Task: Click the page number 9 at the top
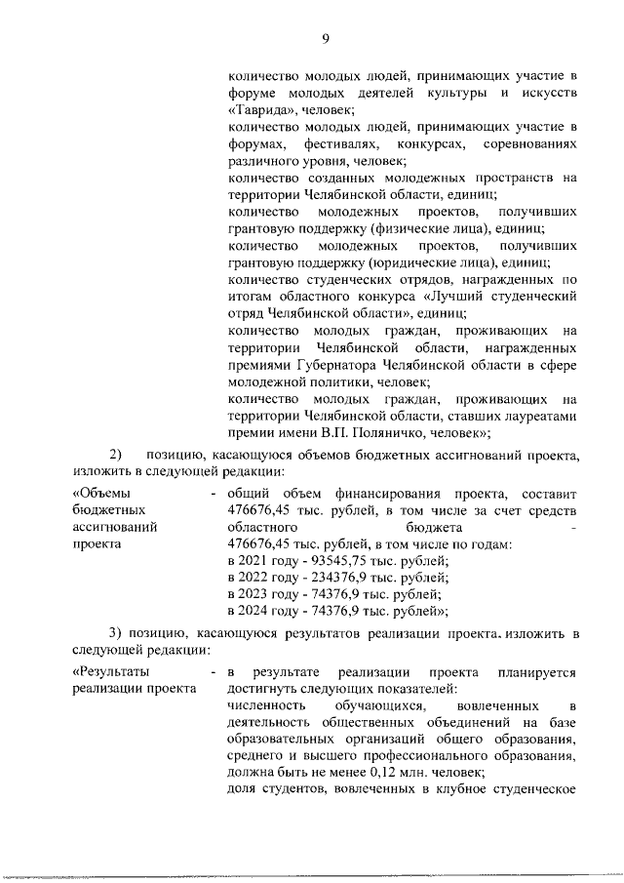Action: (x=326, y=38)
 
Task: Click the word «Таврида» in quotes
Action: (x=254, y=109)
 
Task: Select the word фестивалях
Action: (x=331, y=143)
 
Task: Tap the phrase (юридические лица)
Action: (x=430, y=262)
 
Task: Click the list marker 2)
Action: (x=116, y=455)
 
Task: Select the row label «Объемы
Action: (x=101, y=493)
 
